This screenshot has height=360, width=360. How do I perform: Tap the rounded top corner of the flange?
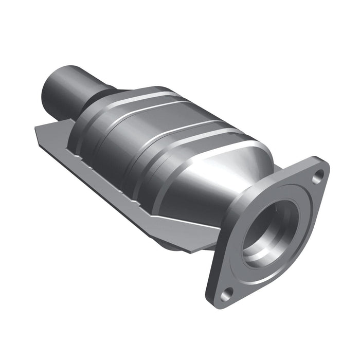321,164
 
